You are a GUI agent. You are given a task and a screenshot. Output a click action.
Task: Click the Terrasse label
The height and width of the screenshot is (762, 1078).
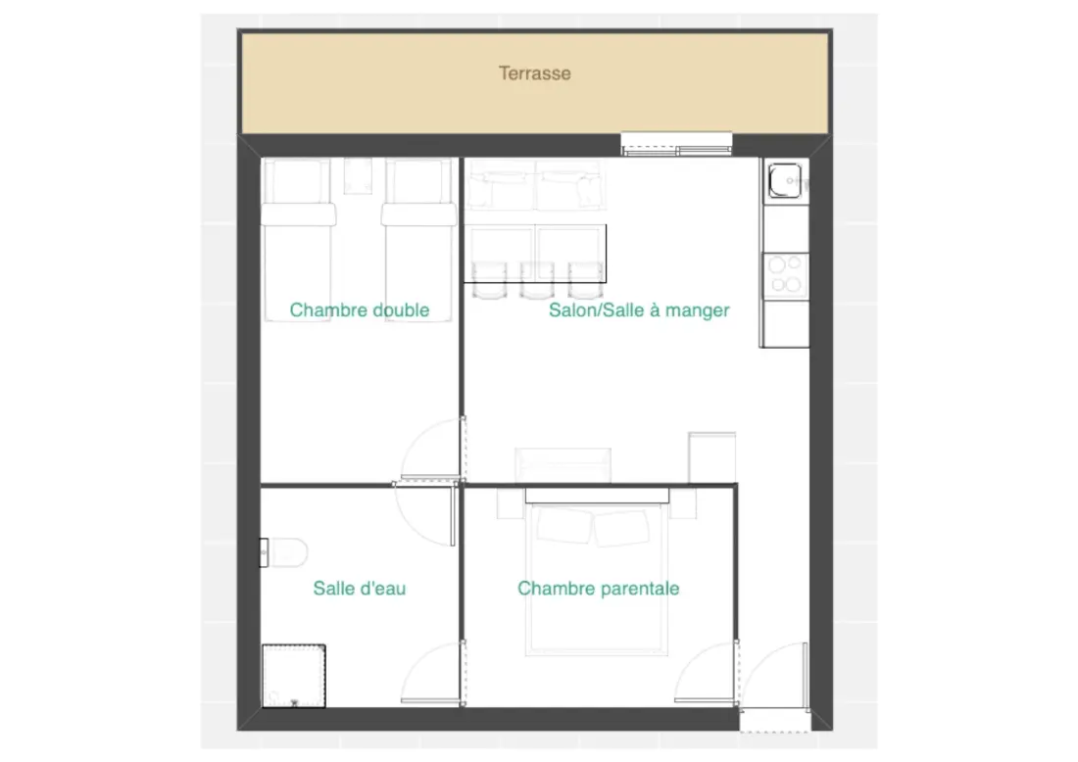(535, 73)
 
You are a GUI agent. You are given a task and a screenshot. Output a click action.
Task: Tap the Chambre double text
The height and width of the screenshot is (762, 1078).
(360, 310)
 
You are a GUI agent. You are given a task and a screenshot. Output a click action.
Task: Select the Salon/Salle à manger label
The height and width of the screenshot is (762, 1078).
(639, 310)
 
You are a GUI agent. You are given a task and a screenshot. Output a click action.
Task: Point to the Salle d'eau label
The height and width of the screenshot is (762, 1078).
(360, 589)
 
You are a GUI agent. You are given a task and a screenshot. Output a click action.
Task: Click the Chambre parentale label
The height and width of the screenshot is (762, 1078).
(598, 589)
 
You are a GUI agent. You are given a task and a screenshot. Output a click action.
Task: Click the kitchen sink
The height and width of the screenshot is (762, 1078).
(785, 180)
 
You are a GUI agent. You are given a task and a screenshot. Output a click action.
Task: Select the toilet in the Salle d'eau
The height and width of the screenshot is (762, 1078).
(284, 552)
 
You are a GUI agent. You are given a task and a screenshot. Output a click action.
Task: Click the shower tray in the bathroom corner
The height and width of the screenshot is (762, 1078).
(294, 676)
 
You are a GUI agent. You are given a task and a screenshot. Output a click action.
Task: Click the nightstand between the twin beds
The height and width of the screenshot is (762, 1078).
(358, 175)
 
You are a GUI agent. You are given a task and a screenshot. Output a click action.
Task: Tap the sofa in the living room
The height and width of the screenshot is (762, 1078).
(535, 185)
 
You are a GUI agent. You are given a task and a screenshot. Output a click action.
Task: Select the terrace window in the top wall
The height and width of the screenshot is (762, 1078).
(676, 144)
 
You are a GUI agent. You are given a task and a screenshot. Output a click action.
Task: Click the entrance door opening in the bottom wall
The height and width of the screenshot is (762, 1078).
(774, 719)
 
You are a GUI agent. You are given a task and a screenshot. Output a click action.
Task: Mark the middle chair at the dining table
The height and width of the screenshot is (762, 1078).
(537, 280)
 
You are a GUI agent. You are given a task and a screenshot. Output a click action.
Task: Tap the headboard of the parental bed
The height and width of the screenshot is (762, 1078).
(597, 496)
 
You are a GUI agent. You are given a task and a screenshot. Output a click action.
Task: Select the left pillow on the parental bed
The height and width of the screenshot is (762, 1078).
(563, 526)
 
